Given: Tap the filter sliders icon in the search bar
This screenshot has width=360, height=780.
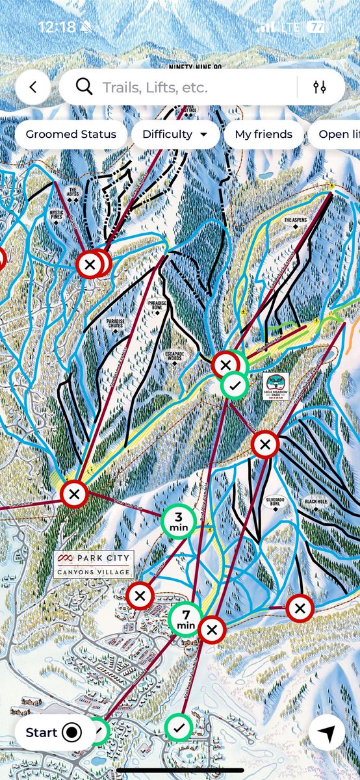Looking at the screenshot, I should click(319, 87).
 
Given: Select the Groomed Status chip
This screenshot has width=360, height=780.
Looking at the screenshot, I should click(71, 135).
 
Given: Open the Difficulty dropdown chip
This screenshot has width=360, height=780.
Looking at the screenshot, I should click(174, 135).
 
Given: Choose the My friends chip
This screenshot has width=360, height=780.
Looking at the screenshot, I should click(263, 135).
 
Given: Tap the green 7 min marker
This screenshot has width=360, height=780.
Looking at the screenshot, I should click(186, 619).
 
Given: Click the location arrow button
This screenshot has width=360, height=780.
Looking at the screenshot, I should click(327, 733).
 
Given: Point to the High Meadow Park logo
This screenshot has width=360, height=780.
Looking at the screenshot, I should click(276, 385).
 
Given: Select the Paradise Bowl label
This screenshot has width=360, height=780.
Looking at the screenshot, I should click(157, 306).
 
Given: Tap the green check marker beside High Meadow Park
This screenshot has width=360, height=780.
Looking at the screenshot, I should click(235, 385).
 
